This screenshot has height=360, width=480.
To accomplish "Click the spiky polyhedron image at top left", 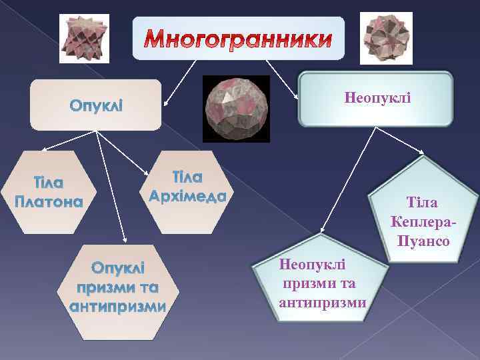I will (x=83, y=37).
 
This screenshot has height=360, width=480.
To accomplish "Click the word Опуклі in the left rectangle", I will (x=95, y=106).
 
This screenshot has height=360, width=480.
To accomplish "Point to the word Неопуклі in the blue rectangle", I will (x=377, y=98).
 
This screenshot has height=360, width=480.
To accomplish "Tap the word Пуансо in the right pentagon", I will (x=423, y=239).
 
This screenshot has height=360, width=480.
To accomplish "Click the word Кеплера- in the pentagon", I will (x=425, y=221).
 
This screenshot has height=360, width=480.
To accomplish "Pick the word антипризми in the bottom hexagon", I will (x=117, y=307).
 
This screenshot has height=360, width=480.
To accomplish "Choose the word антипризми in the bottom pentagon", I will (x=323, y=302).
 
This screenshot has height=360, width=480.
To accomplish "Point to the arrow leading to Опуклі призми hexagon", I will (x=111, y=187).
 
